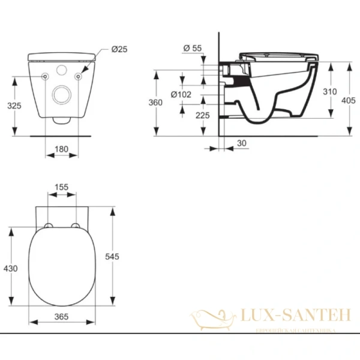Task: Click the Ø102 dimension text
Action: (181, 94)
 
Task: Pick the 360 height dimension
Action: (156, 103)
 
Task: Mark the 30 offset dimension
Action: (241, 143)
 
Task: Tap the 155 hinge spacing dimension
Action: (62, 187)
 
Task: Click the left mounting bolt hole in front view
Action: (45, 77)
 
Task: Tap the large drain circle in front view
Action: (62, 94)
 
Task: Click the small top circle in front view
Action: (62, 71)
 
